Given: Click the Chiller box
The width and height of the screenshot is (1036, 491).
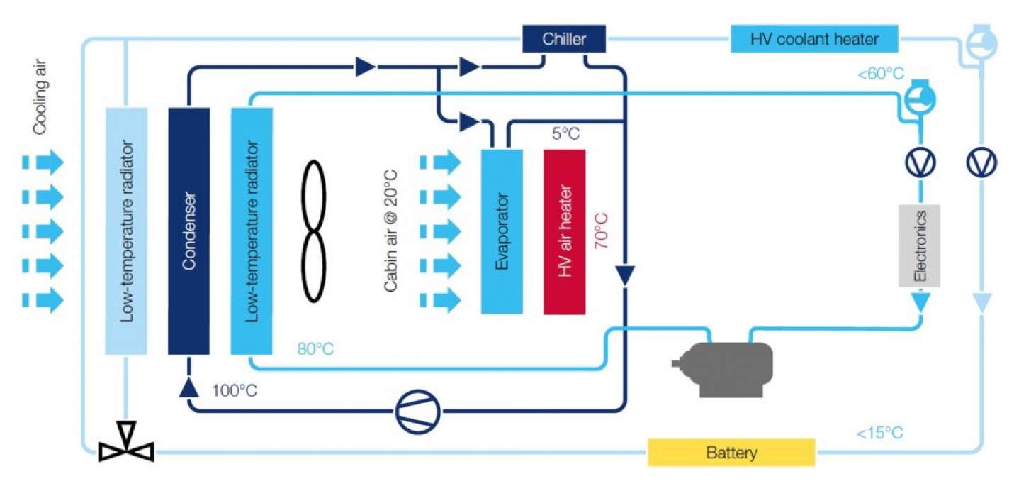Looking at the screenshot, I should (x=564, y=39).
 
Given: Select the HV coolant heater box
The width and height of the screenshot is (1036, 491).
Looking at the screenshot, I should (x=814, y=39).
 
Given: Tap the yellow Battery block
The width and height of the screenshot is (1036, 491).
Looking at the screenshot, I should (x=731, y=453).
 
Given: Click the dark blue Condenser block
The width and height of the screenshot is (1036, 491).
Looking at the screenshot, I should (x=188, y=231).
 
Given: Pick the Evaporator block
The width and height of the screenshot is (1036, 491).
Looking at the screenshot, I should (x=502, y=231).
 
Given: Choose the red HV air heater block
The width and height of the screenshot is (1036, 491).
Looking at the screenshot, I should (x=565, y=231).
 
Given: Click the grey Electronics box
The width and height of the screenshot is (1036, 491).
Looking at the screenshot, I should (x=920, y=245).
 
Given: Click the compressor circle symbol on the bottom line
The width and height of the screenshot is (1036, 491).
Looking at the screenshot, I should (x=417, y=411).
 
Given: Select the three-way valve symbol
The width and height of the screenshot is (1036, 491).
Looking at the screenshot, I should (x=126, y=443).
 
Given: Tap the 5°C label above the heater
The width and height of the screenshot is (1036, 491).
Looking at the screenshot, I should (x=565, y=133).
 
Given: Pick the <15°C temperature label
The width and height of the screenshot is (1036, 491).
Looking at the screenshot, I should (x=879, y=433).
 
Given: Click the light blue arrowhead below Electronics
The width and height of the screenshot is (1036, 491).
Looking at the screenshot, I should (x=920, y=303).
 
